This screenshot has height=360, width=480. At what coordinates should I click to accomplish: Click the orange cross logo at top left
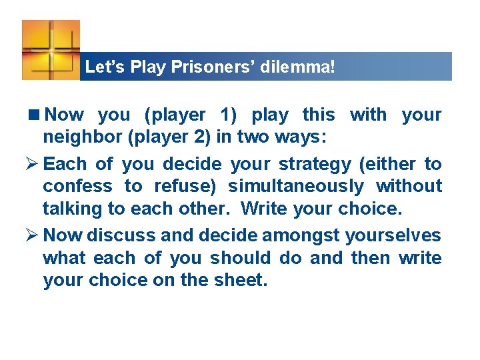pyautogui.click(x=50, y=49)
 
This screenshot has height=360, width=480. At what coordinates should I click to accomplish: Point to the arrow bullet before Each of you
pyautogui.click(x=33, y=164)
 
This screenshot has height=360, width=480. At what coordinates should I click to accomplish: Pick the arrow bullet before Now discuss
pyautogui.click(x=33, y=236)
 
